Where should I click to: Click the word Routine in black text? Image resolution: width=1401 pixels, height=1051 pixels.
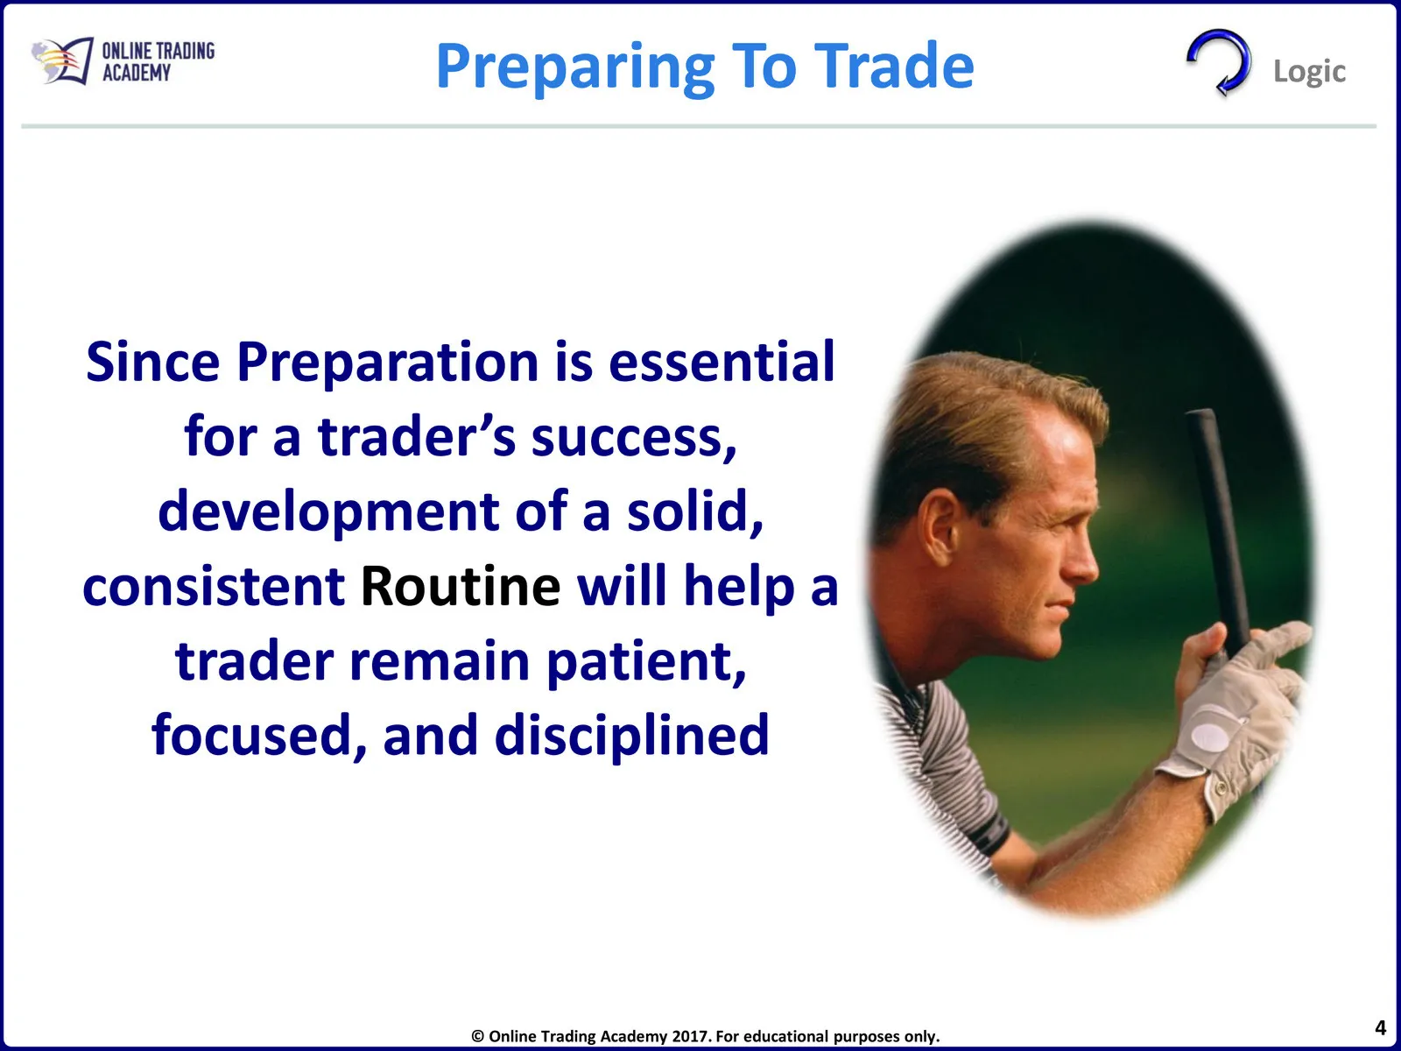(461, 587)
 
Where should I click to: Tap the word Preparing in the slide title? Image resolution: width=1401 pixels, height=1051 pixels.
(575, 68)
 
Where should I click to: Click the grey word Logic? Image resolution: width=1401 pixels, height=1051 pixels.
(1309, 72)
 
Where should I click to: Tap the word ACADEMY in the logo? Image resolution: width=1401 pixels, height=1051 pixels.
(137, 73)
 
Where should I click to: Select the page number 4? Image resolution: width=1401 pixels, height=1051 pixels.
(1380, 1028)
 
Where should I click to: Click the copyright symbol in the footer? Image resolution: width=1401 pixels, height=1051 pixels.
(477, 1036)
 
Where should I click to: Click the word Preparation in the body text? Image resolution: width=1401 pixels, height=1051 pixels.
(387, 363)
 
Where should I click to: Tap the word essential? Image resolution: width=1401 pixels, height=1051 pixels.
(722, 362)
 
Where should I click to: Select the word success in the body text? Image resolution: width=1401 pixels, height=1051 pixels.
(634, 438)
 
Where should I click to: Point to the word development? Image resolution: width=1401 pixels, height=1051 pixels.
(328, 513)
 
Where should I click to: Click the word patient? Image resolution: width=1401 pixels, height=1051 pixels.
(646, 662)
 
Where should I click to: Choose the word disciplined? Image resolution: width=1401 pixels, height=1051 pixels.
(632, 735)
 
